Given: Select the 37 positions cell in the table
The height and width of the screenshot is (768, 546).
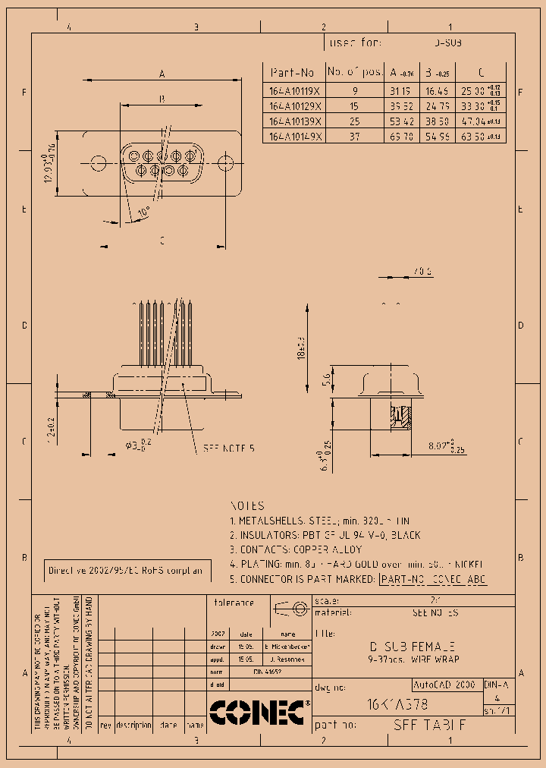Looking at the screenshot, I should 355,136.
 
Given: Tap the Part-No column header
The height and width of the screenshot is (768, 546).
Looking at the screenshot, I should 293,72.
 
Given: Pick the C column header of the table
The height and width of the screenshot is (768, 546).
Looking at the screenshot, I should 481,72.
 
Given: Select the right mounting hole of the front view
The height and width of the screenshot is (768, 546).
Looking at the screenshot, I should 225,163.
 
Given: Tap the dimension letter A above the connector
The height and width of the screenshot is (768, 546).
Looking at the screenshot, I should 162,74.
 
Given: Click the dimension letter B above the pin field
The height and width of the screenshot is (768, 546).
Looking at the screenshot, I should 162,99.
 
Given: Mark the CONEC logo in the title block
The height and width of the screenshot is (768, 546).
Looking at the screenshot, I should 258,712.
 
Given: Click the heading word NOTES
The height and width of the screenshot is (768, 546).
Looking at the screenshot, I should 247,505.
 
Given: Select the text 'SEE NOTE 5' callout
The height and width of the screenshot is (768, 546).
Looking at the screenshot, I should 228,449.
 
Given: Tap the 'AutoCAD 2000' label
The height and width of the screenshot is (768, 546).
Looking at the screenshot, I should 444,685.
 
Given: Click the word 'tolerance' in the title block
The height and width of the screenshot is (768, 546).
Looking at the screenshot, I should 234,603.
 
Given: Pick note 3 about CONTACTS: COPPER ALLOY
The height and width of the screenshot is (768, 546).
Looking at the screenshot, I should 296,549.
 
